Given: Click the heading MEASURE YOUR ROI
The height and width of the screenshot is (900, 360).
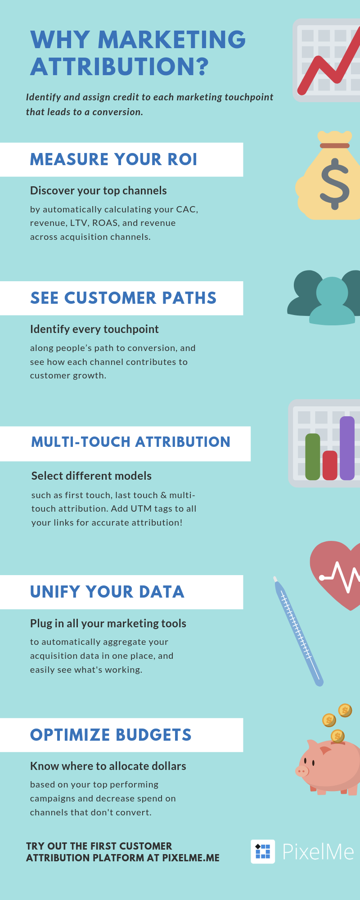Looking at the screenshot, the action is tap(113, 159).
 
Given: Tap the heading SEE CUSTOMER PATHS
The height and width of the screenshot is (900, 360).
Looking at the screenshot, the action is tap(123, 298).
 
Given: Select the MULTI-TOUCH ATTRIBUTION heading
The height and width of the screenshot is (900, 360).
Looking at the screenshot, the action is tap(130, 442).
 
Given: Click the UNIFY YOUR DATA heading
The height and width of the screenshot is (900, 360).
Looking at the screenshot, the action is tap(107, 592).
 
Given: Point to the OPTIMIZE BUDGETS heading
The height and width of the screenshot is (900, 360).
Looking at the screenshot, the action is tap(111, 735).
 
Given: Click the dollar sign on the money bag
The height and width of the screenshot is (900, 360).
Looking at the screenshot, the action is tap(334, 184).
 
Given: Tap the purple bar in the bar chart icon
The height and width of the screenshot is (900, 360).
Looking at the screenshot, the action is tap(347, 448).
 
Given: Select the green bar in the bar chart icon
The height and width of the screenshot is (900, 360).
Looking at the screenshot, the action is tap(313, 457).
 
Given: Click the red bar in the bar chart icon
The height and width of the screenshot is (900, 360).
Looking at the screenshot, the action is tap(330, 465).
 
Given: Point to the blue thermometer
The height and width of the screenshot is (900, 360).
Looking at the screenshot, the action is tap(298, 631).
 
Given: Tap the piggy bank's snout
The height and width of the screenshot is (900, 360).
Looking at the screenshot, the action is tap(302, 771).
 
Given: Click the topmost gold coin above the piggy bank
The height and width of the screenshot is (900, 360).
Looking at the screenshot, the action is tap(345, 710).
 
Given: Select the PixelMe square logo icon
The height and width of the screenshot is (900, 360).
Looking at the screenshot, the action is tap(263, 851).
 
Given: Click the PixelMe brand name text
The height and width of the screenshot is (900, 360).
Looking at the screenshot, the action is tap(318, 852).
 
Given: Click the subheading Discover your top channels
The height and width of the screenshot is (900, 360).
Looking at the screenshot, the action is tap(99, 191).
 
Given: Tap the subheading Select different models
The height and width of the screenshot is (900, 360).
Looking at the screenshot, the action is tap(91, 476).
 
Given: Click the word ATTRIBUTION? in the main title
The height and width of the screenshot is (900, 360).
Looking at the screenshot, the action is tap(120, 67).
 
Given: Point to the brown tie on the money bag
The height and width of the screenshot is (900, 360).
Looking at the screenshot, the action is tap(335, 145).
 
